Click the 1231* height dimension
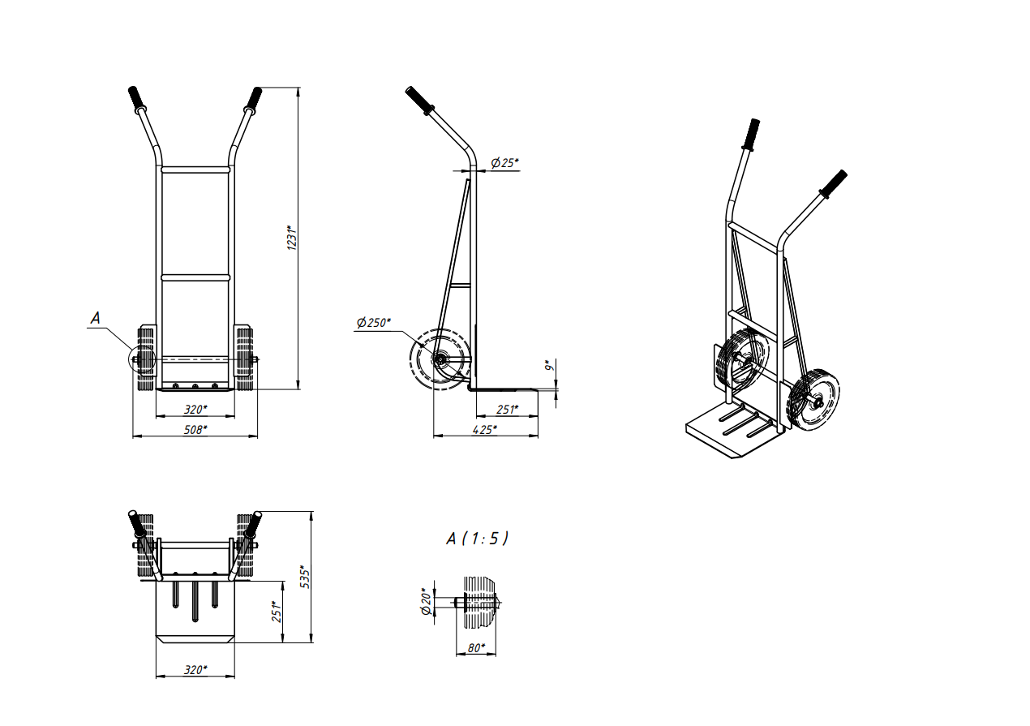291,238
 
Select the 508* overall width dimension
196,429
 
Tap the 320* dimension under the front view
196,409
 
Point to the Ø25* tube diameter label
504,163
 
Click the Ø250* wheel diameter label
373,322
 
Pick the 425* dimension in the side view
485,429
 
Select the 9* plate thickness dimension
548,366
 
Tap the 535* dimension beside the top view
304,577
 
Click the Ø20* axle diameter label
427,601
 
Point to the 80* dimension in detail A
476,648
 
